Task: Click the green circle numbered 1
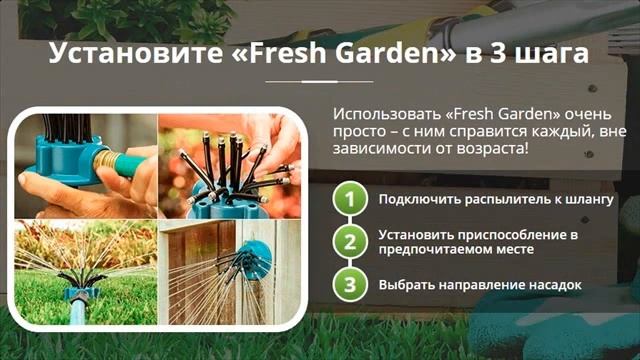(349, 199)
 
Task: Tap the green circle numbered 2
(349, 241)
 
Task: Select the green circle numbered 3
(349, 284)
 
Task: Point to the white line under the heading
(319, 80)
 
